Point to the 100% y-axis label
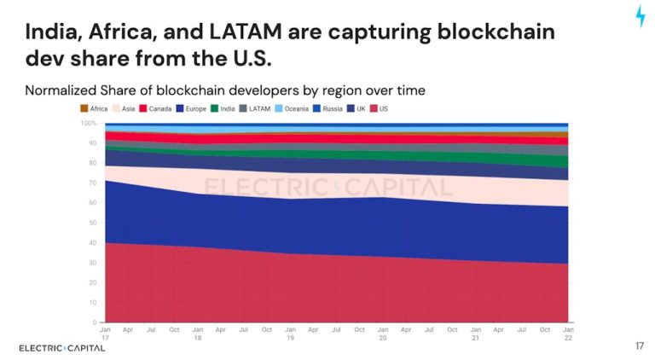[x=88, y=124]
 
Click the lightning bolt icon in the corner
[x=641, y=16]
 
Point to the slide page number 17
[x=640, y=346]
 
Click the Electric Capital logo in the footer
[x=62, y=347]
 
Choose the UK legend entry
[x=362, y=109]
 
